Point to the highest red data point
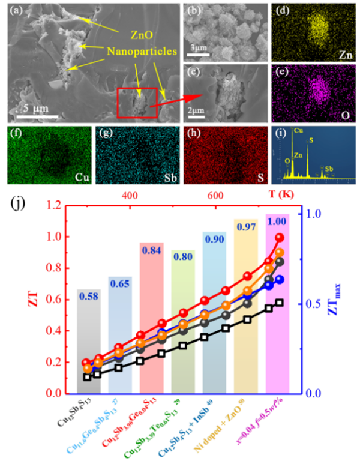[280, 237]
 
